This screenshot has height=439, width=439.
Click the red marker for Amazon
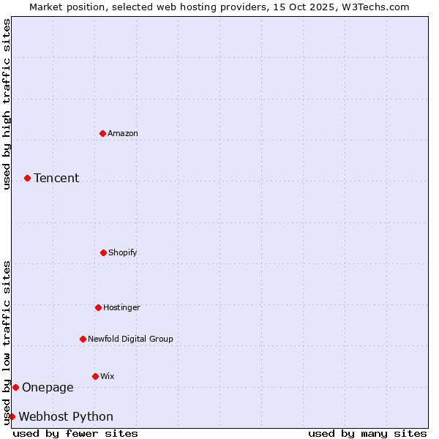(102, 133)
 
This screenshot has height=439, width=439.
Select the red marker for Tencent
(27, 178)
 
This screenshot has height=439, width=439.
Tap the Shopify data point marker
(103, 252)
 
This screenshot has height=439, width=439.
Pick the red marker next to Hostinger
(98, 307)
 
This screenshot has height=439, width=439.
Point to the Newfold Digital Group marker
(83, 339)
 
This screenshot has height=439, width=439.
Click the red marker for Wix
(95, 376)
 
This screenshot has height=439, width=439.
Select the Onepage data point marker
(15, 387)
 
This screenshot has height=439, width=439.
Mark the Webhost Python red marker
(12, 416)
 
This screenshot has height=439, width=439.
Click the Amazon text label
(123, 133)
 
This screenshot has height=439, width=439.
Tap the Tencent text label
(56, 178)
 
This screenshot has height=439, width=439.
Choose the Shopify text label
(123, 252)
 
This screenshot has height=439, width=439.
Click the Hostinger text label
(121, 307)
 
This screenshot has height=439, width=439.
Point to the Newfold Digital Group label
(130, 339)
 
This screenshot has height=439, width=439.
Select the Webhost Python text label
(66, 416)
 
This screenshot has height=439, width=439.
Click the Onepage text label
(48, 387)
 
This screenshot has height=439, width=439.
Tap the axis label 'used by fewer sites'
(75, 433)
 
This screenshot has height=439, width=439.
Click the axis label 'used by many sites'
(367, 433)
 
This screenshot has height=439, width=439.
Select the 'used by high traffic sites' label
(7, 104)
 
